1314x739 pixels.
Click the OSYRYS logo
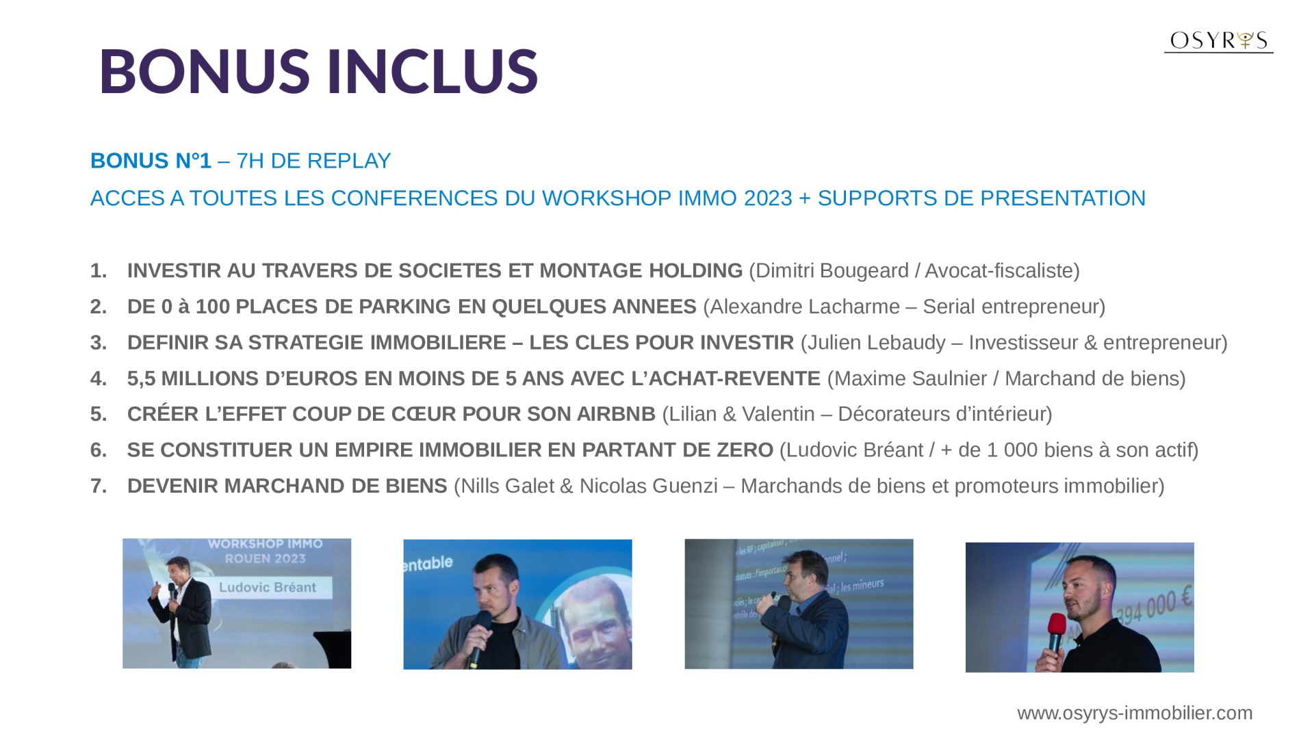point(1218,41)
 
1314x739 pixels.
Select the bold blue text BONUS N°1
point(151,161)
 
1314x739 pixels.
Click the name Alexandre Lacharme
point(805,307)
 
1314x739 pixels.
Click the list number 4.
point(99,378)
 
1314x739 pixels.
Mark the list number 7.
point(99,486)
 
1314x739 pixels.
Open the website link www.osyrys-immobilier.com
point(1135,713)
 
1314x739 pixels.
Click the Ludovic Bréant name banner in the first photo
point(268,587)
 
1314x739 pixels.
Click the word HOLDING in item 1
point(695,271)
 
